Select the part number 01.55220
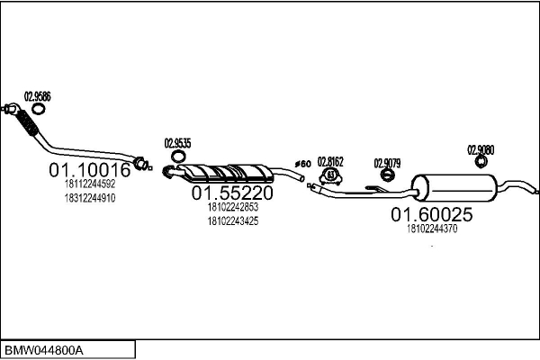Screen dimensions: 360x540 tap(232, 193)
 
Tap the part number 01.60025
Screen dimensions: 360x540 tap(431, 214)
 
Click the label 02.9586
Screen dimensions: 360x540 tap(37, 96)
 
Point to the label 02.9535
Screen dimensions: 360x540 tap(177, 142)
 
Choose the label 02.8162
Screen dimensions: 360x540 tap(331, 161)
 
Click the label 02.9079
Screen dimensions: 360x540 tap(387, 163)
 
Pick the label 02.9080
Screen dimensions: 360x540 tap(481, 149)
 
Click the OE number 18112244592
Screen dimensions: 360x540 tap(90, 184)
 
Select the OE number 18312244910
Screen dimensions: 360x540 tap(90, 197)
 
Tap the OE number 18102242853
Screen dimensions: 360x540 tap(232, 207)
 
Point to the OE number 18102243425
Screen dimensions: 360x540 tap(232, 220)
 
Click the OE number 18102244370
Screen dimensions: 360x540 tap(432, 229)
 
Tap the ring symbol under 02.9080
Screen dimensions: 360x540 tap(481, 162)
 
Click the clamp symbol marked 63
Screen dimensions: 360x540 tap(330, 175)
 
